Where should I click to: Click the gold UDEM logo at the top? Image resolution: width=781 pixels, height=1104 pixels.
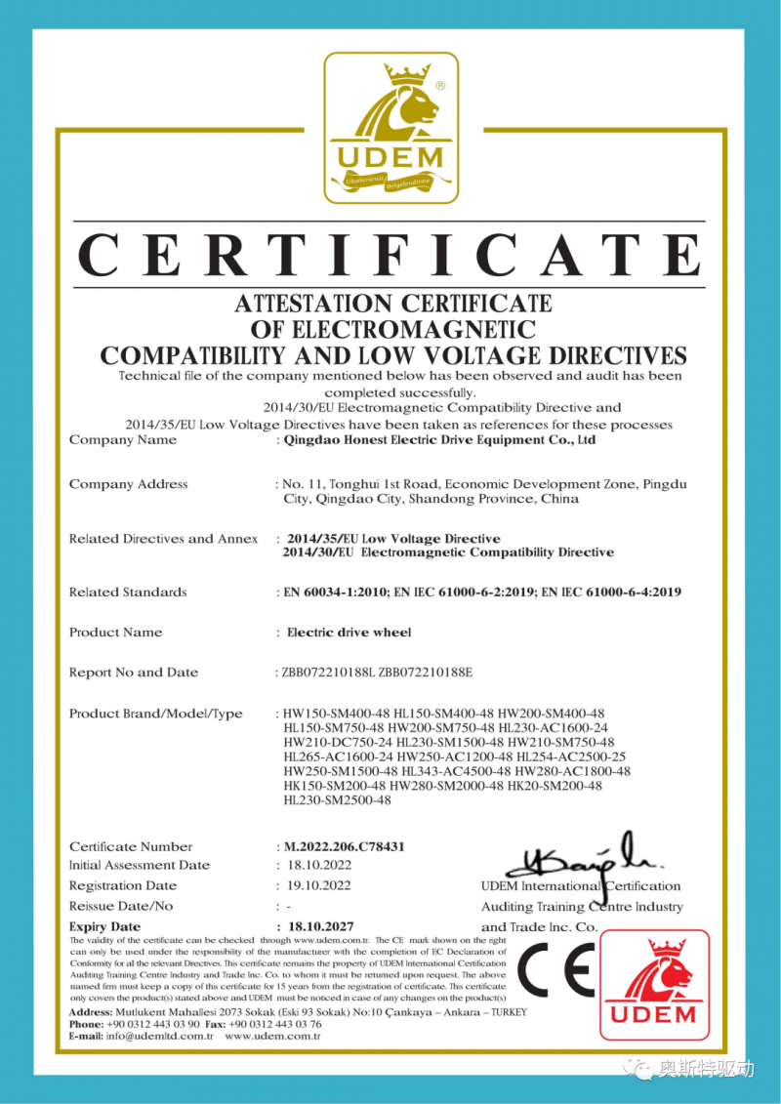coord(390,127)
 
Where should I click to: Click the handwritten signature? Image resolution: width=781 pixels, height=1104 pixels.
coord(581,855)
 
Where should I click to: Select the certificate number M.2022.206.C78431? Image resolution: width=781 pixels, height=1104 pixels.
coord(344,846)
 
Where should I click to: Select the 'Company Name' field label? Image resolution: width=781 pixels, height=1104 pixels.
coord(123,440)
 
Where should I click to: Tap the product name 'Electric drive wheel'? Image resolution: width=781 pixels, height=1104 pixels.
coord(349,633)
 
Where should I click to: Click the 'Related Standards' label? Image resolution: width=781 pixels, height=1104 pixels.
coord(128,593)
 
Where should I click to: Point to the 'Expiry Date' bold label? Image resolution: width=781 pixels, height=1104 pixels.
coord(104,925)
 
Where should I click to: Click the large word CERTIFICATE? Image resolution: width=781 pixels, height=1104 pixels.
coord(390,257)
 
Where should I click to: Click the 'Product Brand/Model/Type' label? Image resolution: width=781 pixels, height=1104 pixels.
coord(156,714)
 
